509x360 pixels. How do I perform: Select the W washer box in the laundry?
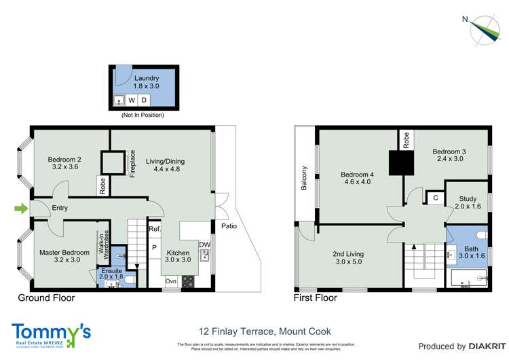(132, 101)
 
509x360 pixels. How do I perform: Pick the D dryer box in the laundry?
(144, 101)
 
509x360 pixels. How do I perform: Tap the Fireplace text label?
(133, 164)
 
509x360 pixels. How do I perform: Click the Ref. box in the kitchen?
(154, 230)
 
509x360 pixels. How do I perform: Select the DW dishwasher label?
(204, 245)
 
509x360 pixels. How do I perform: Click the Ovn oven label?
(170, 281)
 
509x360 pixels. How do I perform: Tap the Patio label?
(228, 226)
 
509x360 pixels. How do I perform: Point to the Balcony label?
(305, 178)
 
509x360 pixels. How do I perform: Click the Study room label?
(466, 202)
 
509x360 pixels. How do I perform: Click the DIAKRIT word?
(478, 346)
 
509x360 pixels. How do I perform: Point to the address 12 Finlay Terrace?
(265, 331)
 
